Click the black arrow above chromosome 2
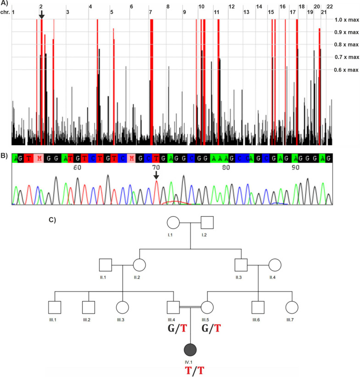click(x=41, y=15)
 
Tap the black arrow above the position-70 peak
click(x=156, y=175)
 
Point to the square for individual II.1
click(x=106, y=265)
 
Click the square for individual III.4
click(x=173, y=308)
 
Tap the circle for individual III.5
click(x=207, y=308)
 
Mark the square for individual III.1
click(x=55, y=308)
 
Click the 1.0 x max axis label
click(x=346, y=20)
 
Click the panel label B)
click(x=4, y=155)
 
